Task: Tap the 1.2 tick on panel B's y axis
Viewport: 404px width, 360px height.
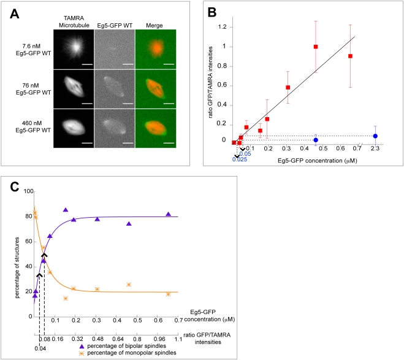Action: (229, 27)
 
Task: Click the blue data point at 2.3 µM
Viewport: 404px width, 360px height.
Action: (375, 136)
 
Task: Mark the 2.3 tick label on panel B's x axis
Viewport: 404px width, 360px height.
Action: (375, 148)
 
